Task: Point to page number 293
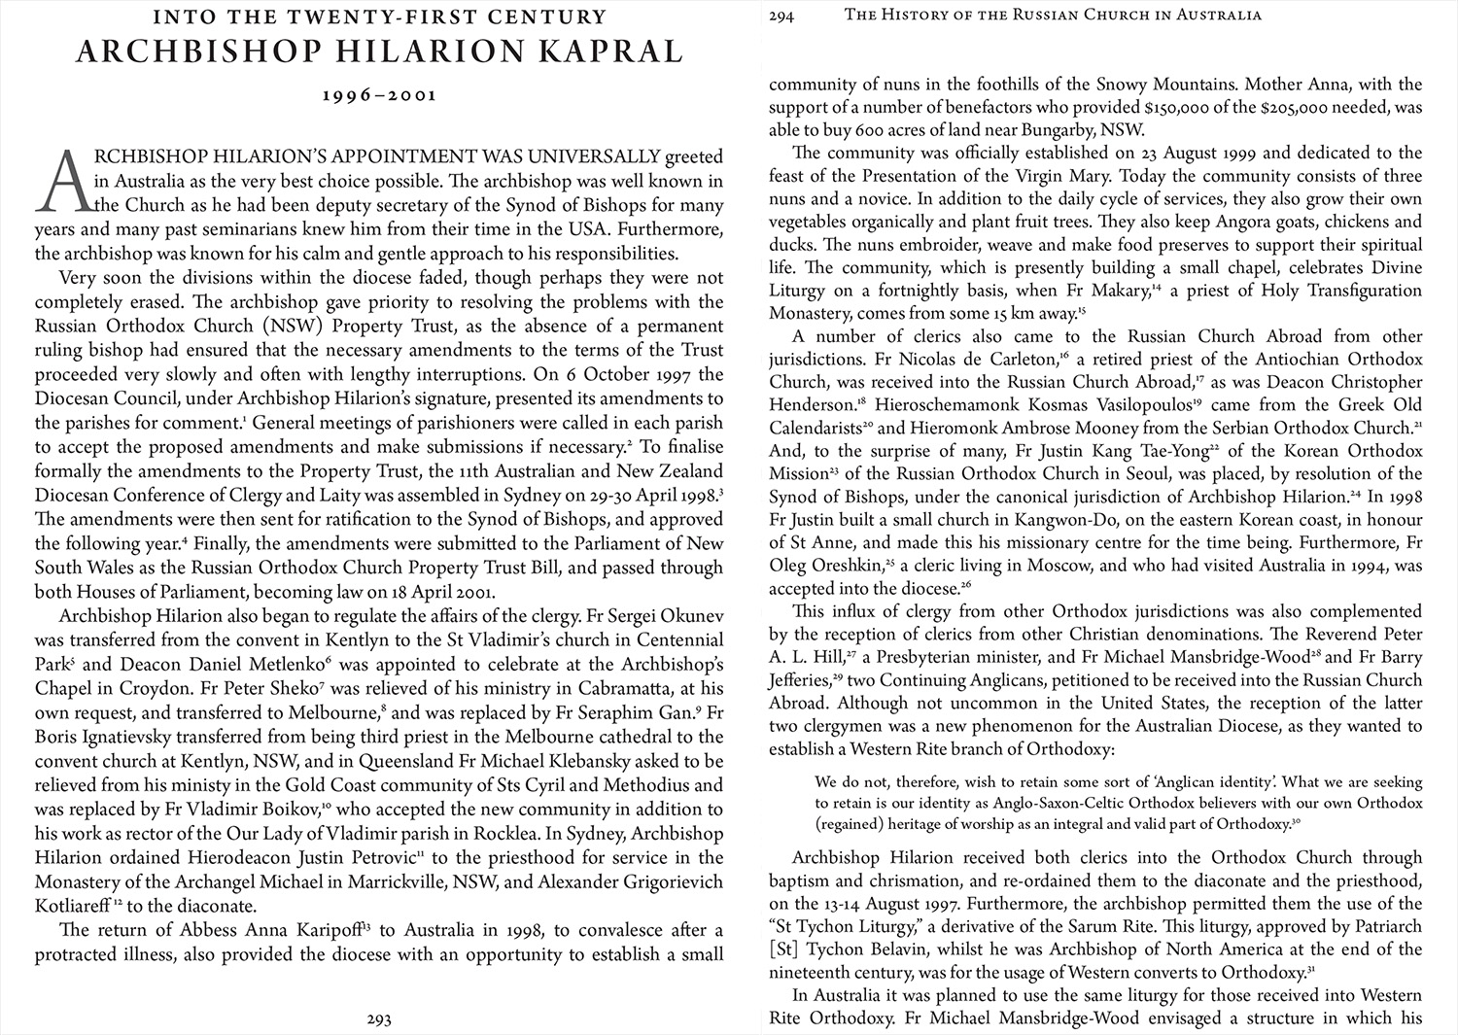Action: point(379,1019)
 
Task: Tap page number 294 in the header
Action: point(781,16)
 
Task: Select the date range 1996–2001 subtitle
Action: point(379,95)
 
